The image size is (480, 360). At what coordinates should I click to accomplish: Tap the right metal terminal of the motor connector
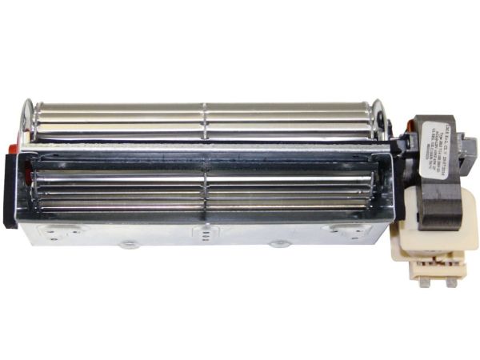click(x=452, y=280)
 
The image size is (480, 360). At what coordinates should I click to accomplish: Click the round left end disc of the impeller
click(x=30, y=120)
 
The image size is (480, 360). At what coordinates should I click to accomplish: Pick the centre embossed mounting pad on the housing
click(x=206, y=231)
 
